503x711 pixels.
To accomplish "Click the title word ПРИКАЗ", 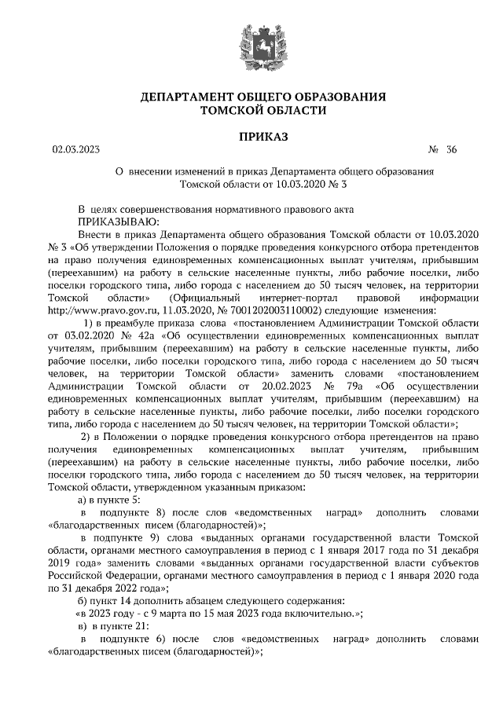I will tap(263, 137).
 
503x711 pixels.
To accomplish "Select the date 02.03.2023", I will tap(74, 149).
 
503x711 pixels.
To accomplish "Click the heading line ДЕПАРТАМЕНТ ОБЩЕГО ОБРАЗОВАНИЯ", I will tap(263, 97).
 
